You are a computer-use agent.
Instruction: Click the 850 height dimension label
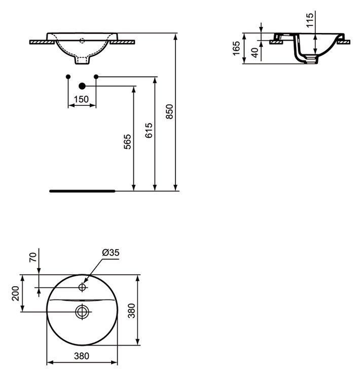pos(169,111)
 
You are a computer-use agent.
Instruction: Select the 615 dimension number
pos(149,130)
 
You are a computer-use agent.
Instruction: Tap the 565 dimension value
pos(127,142)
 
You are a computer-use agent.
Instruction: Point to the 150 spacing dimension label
pos(81,99)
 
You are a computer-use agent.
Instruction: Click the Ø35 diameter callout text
pos(111,252)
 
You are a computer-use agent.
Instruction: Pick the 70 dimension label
pos(33,257)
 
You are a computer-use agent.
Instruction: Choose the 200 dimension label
pos(16,293)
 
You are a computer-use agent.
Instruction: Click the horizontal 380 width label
pos(82,356)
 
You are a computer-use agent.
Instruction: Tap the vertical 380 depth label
pos(131,311)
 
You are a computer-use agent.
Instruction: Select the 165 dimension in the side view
pos(236,48)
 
